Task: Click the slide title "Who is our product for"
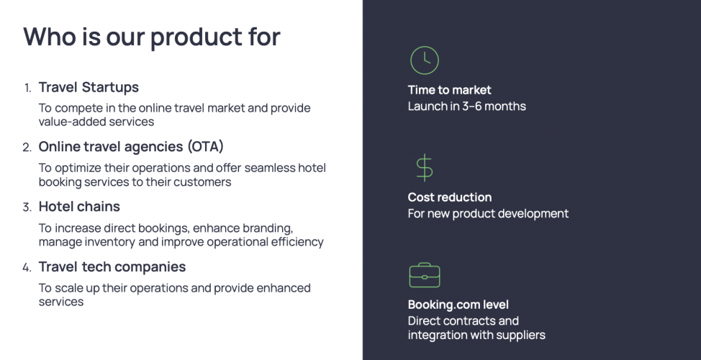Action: pos(152,36)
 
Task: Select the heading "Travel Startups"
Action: pos(89,87)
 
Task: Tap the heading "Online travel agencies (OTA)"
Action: pos(131,147)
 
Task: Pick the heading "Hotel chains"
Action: pos(79,207)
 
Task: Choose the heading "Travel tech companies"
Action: pos(112,266)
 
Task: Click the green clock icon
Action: pos(424,60)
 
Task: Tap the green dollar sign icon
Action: pos(424,167)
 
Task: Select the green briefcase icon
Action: pos(424,275)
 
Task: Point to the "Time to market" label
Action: pos(449,90)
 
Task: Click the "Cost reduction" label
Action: pos(449,197)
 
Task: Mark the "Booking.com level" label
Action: pos(458,305)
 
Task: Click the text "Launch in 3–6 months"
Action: pos(466,107)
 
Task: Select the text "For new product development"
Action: pos(488,214)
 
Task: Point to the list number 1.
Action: pos(27,88)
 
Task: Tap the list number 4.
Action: pos(27,267)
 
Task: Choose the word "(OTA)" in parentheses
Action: pos(206,147)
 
